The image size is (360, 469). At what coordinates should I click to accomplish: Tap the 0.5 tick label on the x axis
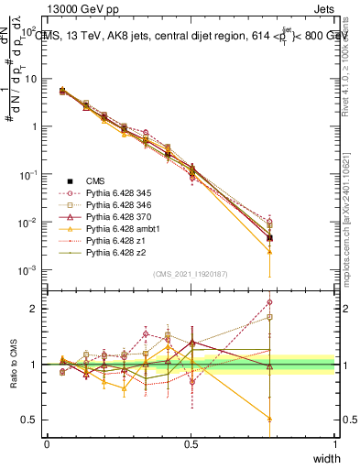click(x=191, y=443)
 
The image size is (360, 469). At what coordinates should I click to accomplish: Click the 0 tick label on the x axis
click(x=47, y=443)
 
